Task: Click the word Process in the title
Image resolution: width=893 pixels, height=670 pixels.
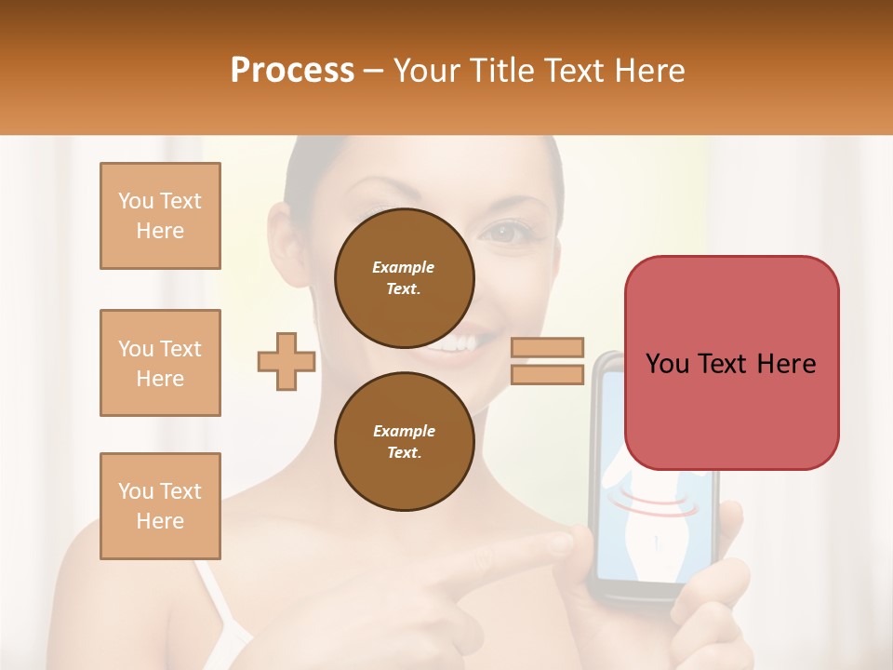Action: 292,70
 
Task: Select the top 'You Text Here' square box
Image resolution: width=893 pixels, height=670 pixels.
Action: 160,216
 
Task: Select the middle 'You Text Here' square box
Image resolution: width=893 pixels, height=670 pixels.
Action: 160,363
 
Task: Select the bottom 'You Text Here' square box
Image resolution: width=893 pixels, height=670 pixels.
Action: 160,506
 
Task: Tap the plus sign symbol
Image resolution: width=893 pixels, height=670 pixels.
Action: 287,361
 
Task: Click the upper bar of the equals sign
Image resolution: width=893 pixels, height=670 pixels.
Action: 548,348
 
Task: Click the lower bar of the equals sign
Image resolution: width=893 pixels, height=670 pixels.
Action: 548,374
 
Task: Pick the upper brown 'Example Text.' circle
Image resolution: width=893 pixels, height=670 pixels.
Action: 405,277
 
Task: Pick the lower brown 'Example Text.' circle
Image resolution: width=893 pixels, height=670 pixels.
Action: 405,441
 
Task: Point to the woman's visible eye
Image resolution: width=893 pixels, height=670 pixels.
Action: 508,233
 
